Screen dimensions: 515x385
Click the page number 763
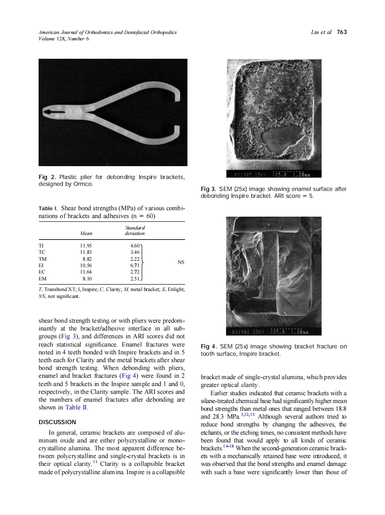[342, 32]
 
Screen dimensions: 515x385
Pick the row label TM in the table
[42, 258]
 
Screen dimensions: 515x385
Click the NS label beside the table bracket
[181, 262]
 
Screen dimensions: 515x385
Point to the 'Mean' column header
[86, 233]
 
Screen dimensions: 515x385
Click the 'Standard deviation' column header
[135, 230]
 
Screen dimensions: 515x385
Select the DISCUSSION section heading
[57, 422]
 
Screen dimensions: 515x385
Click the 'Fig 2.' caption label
[48, 177]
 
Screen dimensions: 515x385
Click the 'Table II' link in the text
[76, 407]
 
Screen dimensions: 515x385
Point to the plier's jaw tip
[45, 112]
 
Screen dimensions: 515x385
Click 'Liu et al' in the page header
[321, 32]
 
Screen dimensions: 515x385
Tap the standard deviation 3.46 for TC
[135, 252]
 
